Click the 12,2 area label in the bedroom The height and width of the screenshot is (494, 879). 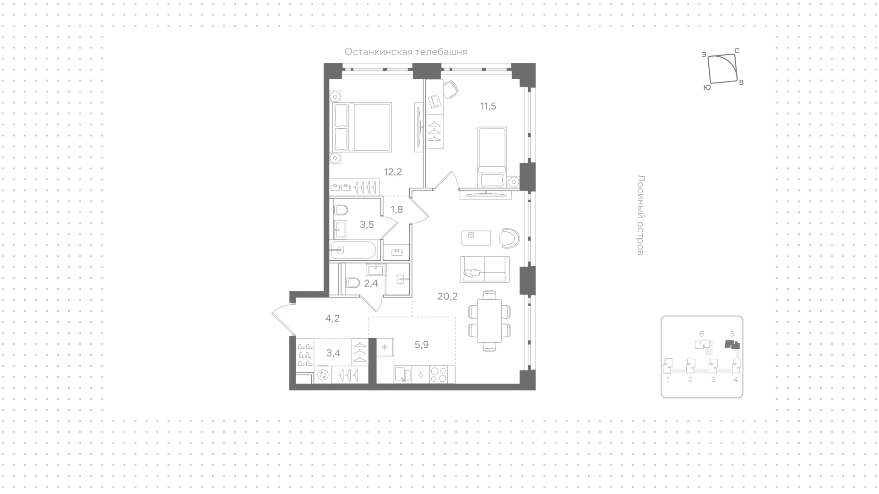point(393,172)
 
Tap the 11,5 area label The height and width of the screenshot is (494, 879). point(488,106)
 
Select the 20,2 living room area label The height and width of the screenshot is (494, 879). point(447,296)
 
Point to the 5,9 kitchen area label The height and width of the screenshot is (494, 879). point(422,345)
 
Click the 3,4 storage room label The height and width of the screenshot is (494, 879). point(333,353)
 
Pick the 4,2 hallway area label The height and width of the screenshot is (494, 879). point(332,318)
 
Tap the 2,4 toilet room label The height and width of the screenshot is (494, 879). point(371,283)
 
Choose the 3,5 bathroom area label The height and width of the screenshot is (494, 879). point(367,225)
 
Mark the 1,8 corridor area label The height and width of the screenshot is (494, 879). point(396,210)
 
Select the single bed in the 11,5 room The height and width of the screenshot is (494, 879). point(493,157)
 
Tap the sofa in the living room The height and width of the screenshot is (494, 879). point(485,269)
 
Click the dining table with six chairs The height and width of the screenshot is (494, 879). point(489,321)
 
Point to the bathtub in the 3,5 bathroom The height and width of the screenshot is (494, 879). point(353,250)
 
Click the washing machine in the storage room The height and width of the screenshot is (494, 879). point(323,375)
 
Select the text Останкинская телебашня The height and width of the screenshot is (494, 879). point(406,52)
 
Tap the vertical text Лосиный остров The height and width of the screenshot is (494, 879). point(641,215)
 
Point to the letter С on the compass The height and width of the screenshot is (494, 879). point(737,51)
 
